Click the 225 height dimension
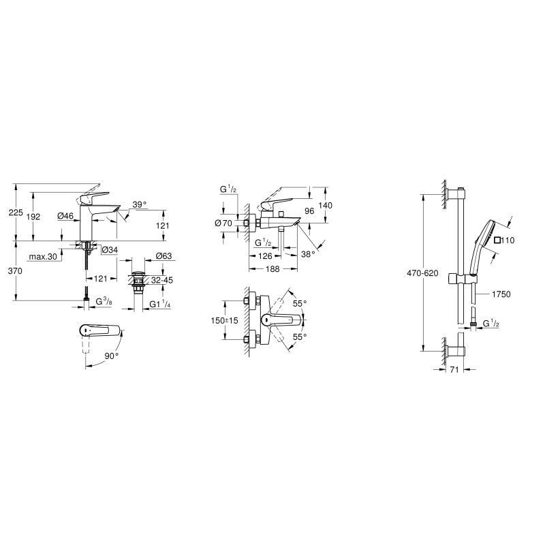[x=16, y=213]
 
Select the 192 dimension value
[x=33, y=217]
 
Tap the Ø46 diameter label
[x=65, y=216]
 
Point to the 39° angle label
[x=140, y=204]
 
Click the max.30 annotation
[x=42, y=257]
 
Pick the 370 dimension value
[x=15, y=270]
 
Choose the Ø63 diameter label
[x=163, y=256]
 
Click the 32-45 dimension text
[x=162, y=280]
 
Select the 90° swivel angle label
[x=112, y=356]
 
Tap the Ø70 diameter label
[x=223, y=223]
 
